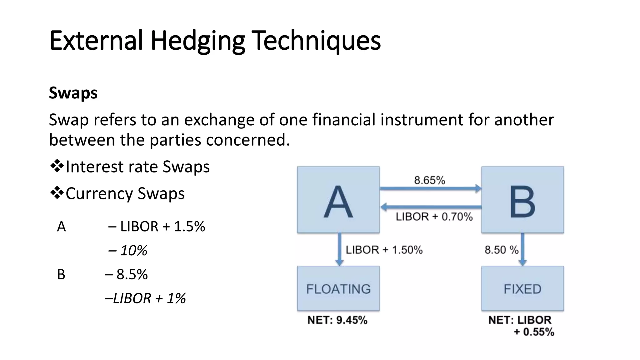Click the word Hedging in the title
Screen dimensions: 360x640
point(197,41)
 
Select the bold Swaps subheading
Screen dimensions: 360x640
point(73,93)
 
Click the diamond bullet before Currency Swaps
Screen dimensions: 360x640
point(57,193)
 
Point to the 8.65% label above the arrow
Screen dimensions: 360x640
point(430,180)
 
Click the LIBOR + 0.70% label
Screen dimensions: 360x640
point(434,217)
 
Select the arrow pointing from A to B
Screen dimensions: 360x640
point(430,188)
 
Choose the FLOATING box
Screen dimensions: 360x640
point(338,288)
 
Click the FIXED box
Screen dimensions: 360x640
point(522,288)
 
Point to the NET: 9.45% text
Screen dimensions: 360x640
point(337,320)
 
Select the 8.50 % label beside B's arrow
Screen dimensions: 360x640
point(501,250)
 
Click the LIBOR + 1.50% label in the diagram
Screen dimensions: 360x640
point(384,250)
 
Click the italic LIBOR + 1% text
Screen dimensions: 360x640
point(149,298)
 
